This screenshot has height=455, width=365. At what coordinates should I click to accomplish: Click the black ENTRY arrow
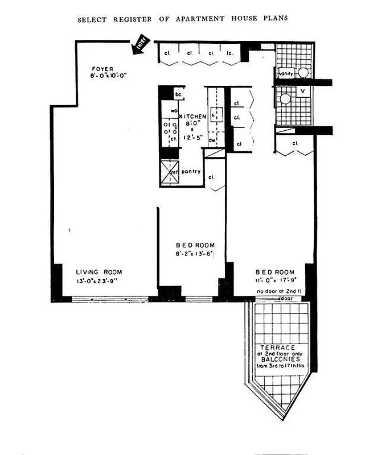(x=139, y=45)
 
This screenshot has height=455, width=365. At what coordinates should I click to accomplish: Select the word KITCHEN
(x=192, y=116)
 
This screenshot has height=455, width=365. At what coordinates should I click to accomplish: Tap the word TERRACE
(x=277, y=348)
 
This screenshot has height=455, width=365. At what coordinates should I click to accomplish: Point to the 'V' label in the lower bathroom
(x=302, y=91)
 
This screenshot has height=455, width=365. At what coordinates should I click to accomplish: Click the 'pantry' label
(x=191, y=171)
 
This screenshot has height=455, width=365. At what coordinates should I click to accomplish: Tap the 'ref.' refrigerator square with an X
(x=170, y=173)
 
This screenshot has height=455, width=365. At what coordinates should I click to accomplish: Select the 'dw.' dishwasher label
(x=211, y=139)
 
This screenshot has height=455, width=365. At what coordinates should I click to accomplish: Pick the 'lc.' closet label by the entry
(x=231, y=53)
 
